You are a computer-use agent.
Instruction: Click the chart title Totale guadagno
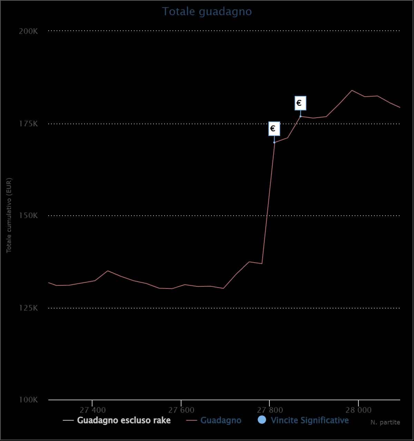207,12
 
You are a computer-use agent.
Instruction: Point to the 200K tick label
28,31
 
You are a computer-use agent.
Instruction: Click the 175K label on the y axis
28,124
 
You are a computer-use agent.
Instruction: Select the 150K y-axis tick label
28,215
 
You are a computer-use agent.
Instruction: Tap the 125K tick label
28,308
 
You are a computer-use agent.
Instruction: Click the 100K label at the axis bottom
28,400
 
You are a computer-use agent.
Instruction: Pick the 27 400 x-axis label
92,410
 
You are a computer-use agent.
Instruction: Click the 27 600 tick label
181,410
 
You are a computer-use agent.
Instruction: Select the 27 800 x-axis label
270,410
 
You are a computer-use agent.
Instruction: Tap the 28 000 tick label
358,410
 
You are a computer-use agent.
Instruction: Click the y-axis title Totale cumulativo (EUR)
9,215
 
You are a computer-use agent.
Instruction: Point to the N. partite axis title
385,422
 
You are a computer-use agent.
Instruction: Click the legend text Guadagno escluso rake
124,420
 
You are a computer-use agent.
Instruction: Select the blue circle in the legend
262,420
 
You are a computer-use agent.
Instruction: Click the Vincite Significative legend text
310,420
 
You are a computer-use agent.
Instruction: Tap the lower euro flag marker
274,129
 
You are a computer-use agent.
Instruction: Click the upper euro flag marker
300,103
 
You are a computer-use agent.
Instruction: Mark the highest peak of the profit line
352,90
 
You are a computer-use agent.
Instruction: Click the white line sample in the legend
68,420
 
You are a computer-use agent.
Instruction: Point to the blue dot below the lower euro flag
274,142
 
